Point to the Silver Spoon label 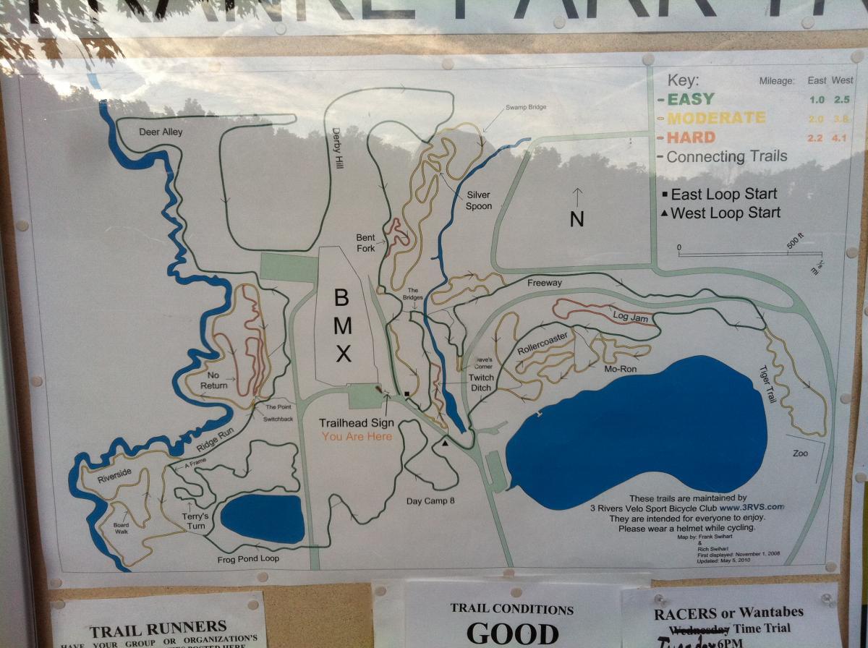pos(479,200)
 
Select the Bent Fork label pos(365,243)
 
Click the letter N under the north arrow pos(576,219)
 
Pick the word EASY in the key pos(691,99)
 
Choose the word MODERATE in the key pos(715,118)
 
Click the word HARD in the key pos(691,137)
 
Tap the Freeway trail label pos(545,283)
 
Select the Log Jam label pos(627,316)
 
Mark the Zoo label pos(799,453)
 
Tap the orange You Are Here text pos(357,436)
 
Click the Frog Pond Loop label pos(247,559)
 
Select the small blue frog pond pos(262,519)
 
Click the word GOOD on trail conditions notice pos(512,633)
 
